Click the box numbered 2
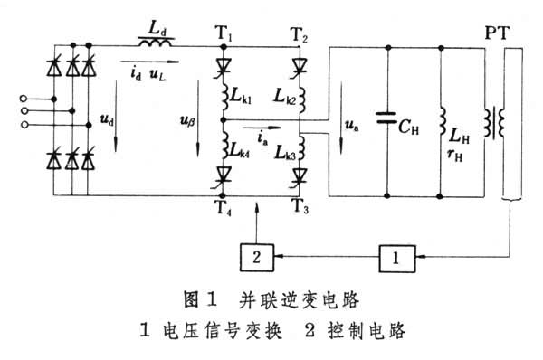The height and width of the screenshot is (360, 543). [x=257, y=258]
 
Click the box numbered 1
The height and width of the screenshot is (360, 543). [x=397, y=259]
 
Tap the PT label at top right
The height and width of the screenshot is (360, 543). [x=497, y=33]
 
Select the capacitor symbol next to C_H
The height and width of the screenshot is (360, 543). [x=386, y=118]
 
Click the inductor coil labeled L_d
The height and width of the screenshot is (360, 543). [x=155, y=43]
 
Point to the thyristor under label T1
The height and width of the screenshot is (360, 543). [x=224, y=66]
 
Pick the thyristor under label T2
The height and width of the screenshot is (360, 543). [x=300, y=66]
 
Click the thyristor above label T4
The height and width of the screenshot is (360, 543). [x=224, y=175]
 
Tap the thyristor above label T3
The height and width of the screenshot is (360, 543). [x=300, y=175]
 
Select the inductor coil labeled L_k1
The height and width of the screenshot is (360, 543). [x=225, y=98]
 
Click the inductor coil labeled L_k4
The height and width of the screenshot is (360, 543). [x=224, y=146]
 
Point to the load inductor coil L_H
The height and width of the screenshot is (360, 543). [x=443, y=121]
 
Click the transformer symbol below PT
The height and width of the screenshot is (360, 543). [x=494, y=122]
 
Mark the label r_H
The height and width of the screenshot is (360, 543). [x=455, y=155]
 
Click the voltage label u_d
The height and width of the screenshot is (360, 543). [x=107, y=119]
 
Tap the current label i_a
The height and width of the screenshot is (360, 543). [x=262, y=138]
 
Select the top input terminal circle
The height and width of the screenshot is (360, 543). [x=24, y=99]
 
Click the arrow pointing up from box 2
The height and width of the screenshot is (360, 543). [x=257, y=223]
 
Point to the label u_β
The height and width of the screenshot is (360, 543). [x=187, y=121]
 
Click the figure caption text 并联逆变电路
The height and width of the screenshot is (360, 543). [x=299, y=299]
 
